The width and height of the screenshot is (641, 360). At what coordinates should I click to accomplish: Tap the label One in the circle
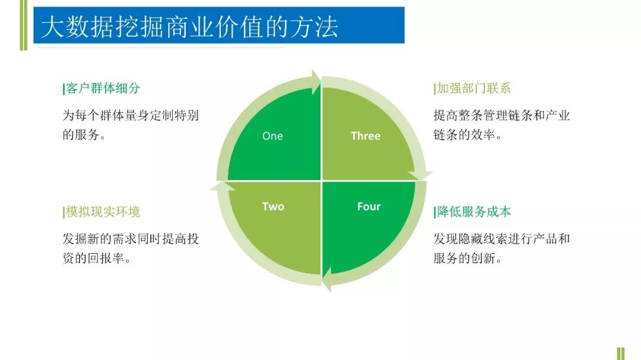click(x=272, y=136)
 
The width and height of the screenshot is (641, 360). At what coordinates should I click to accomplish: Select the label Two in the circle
click(x=273, y=206)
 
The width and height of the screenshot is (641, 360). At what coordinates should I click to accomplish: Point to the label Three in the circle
click(x=365, y=136)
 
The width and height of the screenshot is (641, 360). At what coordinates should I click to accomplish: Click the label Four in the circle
click(x=369, y=206)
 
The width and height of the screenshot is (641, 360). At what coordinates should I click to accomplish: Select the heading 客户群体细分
click(x=101, y=88)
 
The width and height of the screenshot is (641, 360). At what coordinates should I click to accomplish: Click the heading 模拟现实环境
click(x=101, y=212)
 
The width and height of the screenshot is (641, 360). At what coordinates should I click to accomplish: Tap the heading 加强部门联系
click(x=473, y=88)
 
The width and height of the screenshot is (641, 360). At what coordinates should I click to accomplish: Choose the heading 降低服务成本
click(x=473, y=212)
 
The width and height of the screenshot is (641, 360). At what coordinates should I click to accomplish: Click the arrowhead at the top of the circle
click(x=315, y=82)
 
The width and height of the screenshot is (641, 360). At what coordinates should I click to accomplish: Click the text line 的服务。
click(x=84, y=135)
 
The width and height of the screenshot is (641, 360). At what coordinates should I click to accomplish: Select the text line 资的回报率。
click(x=97, y=259)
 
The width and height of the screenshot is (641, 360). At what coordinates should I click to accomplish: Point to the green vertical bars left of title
click(x=23, y=25)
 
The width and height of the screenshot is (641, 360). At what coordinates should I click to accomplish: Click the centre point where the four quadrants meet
click(x=321, y=180)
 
